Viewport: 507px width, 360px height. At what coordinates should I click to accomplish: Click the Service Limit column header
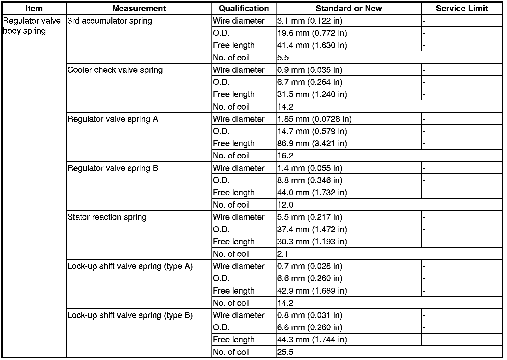pos(462,8)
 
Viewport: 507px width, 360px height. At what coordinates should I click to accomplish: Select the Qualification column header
pos(244,8)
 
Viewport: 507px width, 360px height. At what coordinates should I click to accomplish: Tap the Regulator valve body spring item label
pos(32,26)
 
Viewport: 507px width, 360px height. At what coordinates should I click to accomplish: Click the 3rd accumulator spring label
pos(110,21)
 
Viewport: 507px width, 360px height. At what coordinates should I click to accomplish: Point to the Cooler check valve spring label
pos(115,70)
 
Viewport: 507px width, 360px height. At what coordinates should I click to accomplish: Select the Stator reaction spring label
pos(107,217)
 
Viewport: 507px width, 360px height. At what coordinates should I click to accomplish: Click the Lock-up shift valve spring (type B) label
pos(130,315)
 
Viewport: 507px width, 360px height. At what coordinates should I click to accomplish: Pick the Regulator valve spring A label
pos(113,119)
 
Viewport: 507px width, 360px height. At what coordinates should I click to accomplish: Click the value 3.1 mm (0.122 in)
pos(310,21)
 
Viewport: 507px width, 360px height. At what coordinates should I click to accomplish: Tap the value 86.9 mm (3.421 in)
pos(312,144)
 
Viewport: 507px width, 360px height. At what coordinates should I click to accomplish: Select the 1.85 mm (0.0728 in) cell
pos(314,119)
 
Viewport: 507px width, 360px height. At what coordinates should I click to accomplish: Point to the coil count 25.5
pos(285,352)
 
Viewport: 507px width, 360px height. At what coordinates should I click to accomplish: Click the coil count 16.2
pos(285,156)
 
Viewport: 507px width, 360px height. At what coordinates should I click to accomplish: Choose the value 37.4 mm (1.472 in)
pos(312,229)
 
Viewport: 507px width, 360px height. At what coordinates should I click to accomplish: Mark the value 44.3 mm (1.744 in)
pos(312,340)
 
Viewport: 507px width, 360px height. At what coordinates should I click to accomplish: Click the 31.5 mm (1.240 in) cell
pos(312,95)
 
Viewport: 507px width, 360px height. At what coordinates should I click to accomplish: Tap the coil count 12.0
pos(285,205)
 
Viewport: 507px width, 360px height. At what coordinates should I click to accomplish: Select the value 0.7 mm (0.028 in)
pos(310,266)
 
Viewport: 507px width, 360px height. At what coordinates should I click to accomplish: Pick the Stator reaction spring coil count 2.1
pos(283,254)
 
